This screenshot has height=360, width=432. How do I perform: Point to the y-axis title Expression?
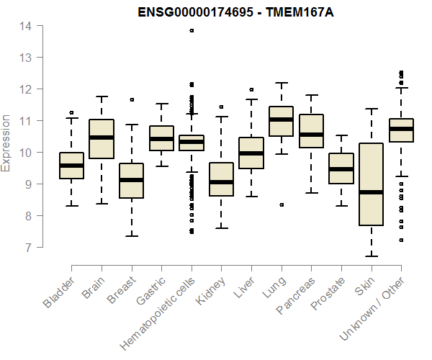tap(6, 143)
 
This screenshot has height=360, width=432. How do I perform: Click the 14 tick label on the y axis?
tap(25, 26)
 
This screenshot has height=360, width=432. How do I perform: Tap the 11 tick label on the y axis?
tap(25, 121)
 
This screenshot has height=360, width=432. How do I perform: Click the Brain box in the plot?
tap(102, 138)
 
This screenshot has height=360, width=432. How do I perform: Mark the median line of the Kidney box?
tap(221, 182)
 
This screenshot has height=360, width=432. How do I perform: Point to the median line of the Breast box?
tap(132, 180)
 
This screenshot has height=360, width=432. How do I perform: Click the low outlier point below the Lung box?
tap(282, 204)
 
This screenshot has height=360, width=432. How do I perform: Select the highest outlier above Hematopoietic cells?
tap(192, 30)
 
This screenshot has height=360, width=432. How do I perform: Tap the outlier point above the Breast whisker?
tap(132, 99)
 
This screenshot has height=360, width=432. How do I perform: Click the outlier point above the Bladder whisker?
tap(71, 112)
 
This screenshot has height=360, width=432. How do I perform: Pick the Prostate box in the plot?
tap(341, 168)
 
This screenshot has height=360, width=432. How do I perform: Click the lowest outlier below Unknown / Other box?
tap(401, 240)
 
